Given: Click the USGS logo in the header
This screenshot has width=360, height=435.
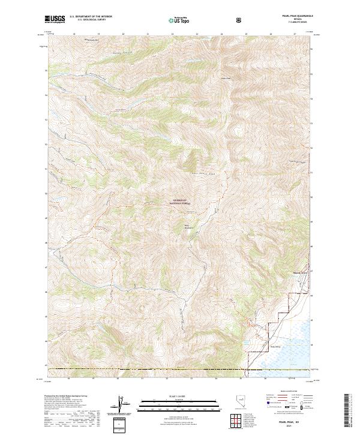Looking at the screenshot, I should point(55,20).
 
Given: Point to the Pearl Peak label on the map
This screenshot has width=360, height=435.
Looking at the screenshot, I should point(226,78).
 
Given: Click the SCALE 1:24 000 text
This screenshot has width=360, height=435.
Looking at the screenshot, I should point(180,396).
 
